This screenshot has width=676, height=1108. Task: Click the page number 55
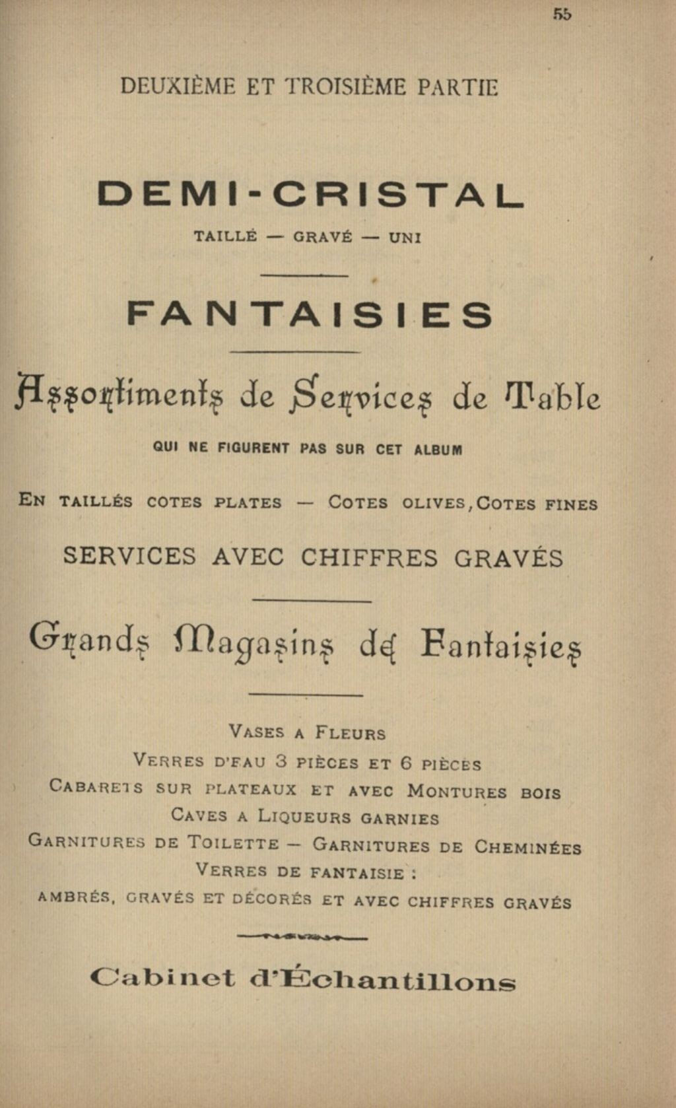pos(562,15)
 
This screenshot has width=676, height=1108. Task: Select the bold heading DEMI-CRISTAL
pos(310,194)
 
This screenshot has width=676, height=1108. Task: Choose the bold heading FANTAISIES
pos(310,315)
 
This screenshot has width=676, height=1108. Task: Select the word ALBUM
pos(438,450)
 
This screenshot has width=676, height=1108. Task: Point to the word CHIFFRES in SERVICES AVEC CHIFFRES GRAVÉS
pos(369,558)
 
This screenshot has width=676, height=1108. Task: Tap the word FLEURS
pos(350,733)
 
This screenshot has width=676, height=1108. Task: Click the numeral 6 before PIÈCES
pos(407,763)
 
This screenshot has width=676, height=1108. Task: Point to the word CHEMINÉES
pos(528,847)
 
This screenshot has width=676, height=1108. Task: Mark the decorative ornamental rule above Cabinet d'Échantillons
pos(302,936)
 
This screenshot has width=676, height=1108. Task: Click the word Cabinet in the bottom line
pos(162,979)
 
